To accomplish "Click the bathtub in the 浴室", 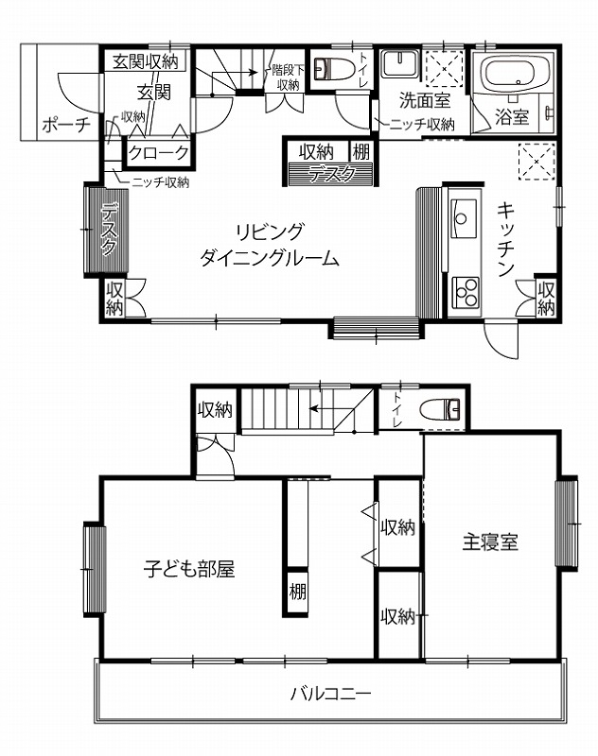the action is pyautogui.click(x=517, y=74).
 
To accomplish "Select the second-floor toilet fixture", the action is pyautogui.click(x=440, y=409).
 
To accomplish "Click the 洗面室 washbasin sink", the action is pyautogui.click(x=399, y=62).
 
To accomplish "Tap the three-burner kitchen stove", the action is pyautogui.click(x=466, y=293).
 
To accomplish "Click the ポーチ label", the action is pyautogui.click(x=65, y=125).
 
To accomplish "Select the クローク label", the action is pyautogui.click(x=159, y=153).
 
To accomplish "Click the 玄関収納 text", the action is pyautogui.click(x=146, y=61).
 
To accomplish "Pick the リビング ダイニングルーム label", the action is pyautogui.click(x=270, y=245).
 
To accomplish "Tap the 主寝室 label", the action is pyautogui.click(x=490, y=541).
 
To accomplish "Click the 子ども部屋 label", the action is pyautogui.click(x=189, y=569).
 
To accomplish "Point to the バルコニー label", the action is pyautogui.click(x=331, y=695).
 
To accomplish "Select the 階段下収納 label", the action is pyautogui.click(x=288, y=77).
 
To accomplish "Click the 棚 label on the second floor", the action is pyautogui.click(x=297, y=592).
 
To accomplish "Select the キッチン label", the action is pyautogui.click(x=506, y=240).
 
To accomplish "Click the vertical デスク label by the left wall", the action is pyautogui.click(x=110, y=229).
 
